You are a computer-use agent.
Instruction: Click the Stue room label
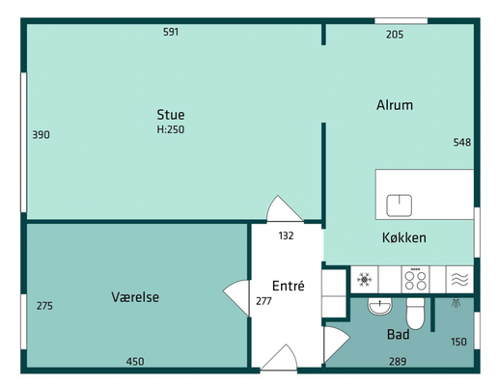pyautogui.click(x=171, y=115)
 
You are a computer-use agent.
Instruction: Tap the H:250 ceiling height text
pyautogui.click(x=171, y=129)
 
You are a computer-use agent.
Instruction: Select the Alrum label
pyautogui.click(x=395, y=105)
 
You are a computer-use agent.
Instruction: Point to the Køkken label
pyautogui.click(x=404, y=237)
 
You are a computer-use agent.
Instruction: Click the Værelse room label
pyautogui.click(x=135, y=297)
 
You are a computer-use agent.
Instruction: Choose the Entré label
pyautogui.click(x=288, y=286)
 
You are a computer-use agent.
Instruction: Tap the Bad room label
pyautogui.click(x=398, y=335)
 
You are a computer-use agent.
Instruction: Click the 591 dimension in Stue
pyautogui.click(x=171, y=32)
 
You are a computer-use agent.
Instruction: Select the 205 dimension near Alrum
pyautogui.click(x=395, y=35)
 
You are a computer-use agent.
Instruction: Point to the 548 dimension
pyautogui.click(x=462, y=142)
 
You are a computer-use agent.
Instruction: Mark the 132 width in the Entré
pyautogui.click(x=286, y=235)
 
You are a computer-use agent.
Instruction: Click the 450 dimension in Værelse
pyautogui.click(x=135, y=362)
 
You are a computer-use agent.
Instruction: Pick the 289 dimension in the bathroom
pyautogui.click(x=398, y=362)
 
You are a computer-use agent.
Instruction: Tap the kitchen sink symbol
pyautogui.click(x=399, y=206)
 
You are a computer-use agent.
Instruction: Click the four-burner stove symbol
pyautogui.click(x=415, y=280)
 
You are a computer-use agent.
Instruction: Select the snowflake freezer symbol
pyautogui.click(x=364, y=280)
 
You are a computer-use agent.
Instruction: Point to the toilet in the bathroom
pyautogui.click(x=415, y=314)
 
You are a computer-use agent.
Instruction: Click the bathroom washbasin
pyautogui.click(x=379, y=306)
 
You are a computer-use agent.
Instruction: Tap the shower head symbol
pyautogui.click(x=456, y=303)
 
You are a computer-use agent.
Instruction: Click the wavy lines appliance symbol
pyautogui.click(x=459, y=280)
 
